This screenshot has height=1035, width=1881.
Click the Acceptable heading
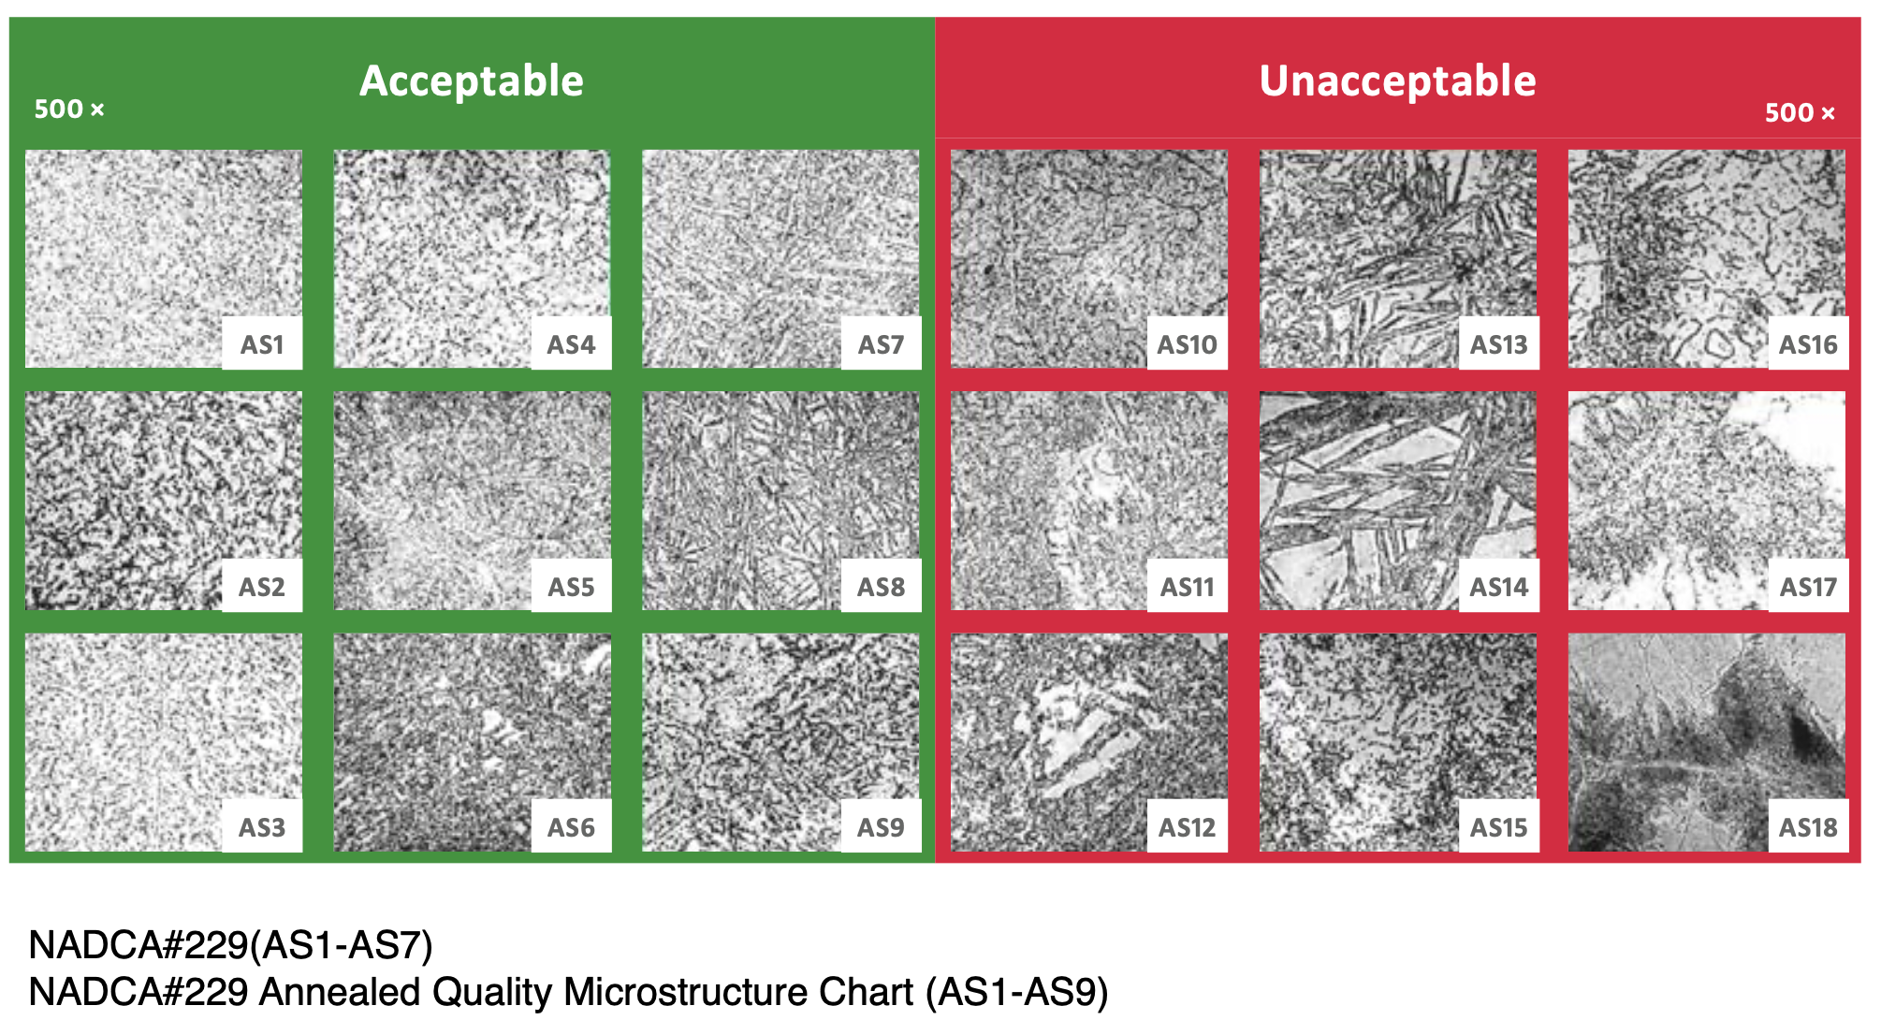tap(472, 81)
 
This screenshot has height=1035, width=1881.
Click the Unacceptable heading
tap(1398, 81)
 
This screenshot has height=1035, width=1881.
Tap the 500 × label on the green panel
tap(69, 109)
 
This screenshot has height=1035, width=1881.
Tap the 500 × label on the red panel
tap(1800, 113)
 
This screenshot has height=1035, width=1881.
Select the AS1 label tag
tap(262, 344)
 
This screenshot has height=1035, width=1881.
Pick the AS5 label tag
tap(571, 587)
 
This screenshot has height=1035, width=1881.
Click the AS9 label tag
tap(881, 827)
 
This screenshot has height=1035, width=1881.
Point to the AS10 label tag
tap(1188, 344)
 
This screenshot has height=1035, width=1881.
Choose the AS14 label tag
tap(1498, 587)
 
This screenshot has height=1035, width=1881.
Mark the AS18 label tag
tap(1808, 827)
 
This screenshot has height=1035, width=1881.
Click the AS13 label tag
tap(1498, 344)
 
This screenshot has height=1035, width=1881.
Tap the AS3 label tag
tap(262, 827)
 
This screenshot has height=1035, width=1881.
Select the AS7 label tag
tap(881, 344)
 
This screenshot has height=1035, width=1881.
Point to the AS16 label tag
tap(1808, 344)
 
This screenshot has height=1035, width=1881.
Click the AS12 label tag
tap(1188, 827)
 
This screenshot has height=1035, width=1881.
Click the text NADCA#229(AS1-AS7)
tap(231, 945)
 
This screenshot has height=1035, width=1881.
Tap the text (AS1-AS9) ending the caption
tap(1017, 992)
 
